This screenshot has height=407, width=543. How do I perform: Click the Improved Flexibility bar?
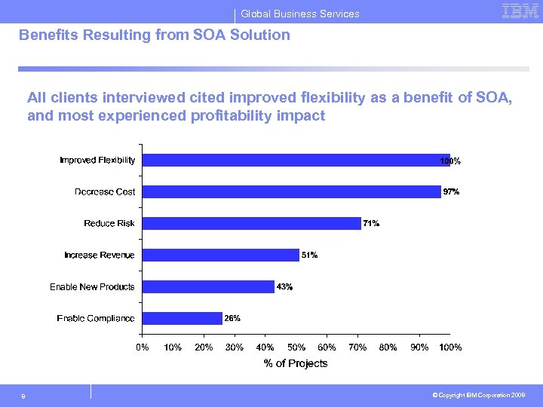[296, 160]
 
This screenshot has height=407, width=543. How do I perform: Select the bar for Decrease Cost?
[291, 191]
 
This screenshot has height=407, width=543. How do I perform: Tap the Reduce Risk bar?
[251, 223]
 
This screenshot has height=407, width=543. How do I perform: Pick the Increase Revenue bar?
[220, 255]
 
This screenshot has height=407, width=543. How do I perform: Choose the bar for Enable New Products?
[208, 286]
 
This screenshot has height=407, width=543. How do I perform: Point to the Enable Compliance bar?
[182, 318]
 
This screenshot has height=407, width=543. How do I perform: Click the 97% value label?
[451, 192]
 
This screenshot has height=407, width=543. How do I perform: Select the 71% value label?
[371, 224]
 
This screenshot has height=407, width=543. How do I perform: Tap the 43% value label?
[284, 287]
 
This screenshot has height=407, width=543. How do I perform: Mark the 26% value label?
[232, 319]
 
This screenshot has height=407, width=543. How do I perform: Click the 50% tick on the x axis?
[296, 347]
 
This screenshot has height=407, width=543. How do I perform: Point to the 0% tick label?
[142, 347]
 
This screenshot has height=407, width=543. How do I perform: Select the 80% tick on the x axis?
[388, 347]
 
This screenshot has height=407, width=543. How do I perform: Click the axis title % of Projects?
[296, 364]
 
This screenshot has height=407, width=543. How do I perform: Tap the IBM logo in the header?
[520, 11]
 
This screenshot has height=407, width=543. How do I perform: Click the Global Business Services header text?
[300, 14]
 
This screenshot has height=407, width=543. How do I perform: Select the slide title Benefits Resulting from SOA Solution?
[154, 35]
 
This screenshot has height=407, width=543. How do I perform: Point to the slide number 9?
[23, 396]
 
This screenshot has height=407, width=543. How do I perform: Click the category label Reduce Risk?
[109, 224]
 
